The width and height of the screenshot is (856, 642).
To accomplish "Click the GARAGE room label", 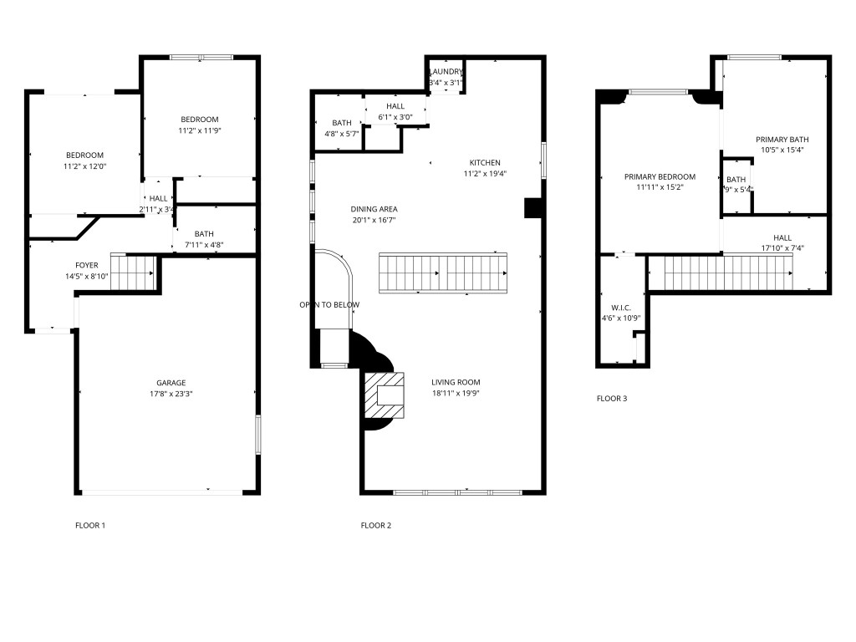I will coord(171,383).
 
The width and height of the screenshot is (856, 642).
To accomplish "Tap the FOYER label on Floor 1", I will coord(87,265).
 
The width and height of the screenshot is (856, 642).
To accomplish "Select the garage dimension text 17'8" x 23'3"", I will coord(171,394).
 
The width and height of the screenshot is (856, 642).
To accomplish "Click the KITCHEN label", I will coord(485,163).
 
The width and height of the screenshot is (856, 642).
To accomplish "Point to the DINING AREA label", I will coord(374,209).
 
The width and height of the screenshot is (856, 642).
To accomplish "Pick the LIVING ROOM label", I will coord(455,382).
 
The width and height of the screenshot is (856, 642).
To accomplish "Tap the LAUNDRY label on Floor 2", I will coord(446,72).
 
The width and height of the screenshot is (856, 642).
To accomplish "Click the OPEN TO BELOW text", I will coord(329,304).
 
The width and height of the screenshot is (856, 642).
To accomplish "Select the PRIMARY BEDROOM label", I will coord(660,176).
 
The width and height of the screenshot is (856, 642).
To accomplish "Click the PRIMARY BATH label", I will coord(782,140).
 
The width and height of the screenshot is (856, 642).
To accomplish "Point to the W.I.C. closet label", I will coord(620,308).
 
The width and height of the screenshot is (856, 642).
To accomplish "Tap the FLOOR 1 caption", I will coord(90,526).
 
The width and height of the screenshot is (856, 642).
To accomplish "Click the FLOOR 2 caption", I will coord(375,526).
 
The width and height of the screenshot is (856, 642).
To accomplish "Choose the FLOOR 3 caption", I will coord(612,399).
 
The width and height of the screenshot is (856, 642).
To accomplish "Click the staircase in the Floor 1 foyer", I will coord(134,272).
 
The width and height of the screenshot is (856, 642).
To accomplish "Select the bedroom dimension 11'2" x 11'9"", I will coord(200,130).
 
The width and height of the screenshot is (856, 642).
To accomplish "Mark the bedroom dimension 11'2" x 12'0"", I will coord(84,166).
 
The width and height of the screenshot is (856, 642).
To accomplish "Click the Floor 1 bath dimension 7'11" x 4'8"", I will coord(204,245).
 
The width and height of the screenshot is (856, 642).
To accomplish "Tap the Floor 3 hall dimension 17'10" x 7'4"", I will coord(782,248).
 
